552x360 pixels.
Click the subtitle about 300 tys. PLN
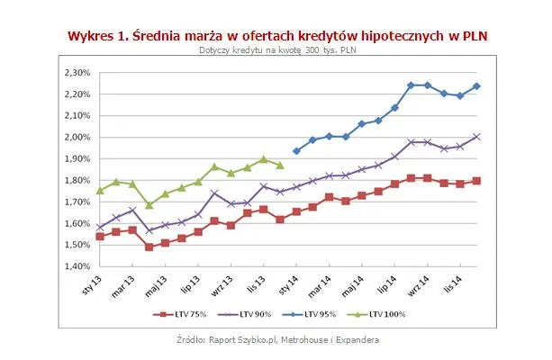pos(276,50)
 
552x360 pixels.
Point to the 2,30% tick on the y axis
pos(77,73)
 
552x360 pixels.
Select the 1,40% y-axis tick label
pos(77,266)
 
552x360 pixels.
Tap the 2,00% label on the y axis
pos(77,138)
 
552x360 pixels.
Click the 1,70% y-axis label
pos(77,202)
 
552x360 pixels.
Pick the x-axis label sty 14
pos(289,286)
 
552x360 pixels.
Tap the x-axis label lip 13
pos(190,286)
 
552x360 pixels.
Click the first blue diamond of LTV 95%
pos(296,151)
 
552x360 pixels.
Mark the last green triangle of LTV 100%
pos(280,166)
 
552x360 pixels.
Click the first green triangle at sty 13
pos(100,190)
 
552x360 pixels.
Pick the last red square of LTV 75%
pos(477,181)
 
